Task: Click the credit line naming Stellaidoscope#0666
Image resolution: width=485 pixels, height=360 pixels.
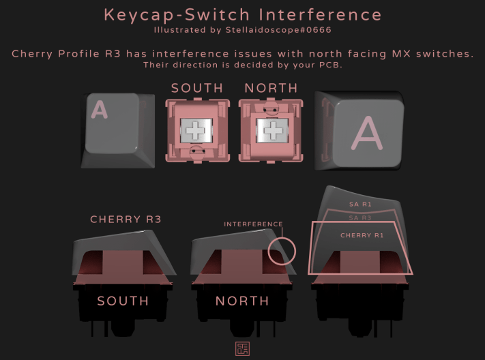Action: tap(243, 30)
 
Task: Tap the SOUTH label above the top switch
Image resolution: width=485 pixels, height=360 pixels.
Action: tap(197, 88)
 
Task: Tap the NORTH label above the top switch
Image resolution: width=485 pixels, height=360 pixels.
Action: tap(271, 88)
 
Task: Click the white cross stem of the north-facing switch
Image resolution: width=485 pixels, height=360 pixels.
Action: tap(271, 130)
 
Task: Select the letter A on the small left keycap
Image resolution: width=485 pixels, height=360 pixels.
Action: tap(100, 110)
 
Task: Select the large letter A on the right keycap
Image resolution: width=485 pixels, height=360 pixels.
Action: tap(367, 132)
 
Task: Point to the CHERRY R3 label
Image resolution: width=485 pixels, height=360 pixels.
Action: tap(126, 220)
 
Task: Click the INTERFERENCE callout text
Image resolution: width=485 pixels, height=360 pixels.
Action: tap(253, 224)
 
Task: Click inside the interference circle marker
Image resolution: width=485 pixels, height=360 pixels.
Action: tap(282, 250)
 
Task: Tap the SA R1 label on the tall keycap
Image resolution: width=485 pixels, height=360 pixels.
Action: tap(360, 204)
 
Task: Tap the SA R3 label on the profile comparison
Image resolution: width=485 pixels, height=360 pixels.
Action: tap(360, 217)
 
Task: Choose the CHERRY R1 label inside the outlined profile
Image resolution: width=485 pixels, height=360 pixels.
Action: tap(361, 235)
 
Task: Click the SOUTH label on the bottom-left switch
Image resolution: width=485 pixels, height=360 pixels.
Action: tap(123, 301)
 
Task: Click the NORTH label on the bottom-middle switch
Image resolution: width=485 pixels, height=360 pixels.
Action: tap(241, 301)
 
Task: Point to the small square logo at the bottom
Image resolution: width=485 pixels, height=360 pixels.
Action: tap(242, 348)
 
